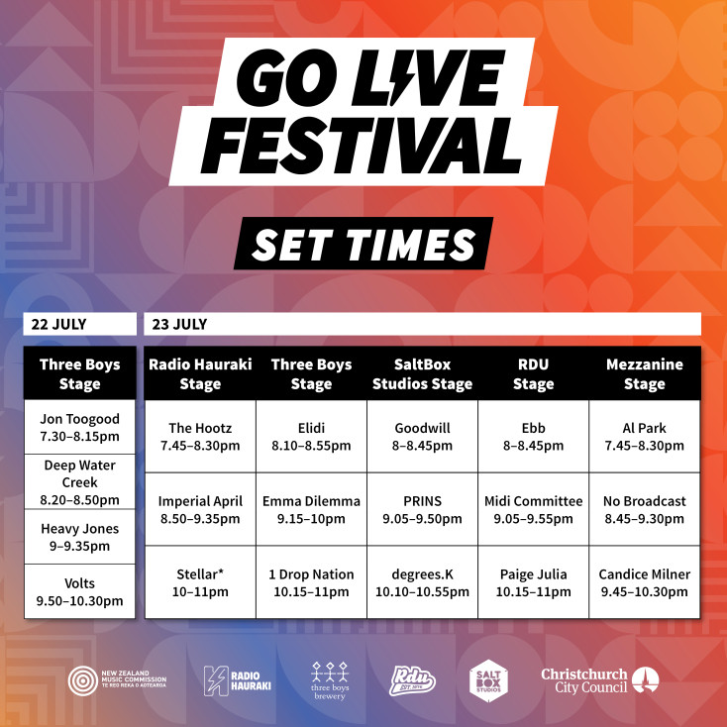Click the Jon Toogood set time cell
coord(80,427)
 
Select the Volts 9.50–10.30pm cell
coord(80,591)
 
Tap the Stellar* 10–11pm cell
coord(200,582)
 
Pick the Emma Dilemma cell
coord(311,509)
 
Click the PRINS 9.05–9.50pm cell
coord(422,509)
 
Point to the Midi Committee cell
coord(533,509)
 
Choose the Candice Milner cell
coord(645,582)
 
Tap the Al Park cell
coord(645,436)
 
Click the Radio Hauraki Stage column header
coord(200,373)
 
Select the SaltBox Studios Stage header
coord(422,373)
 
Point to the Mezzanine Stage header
coord(645,373)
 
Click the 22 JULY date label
coord(58,324)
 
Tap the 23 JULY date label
coord(179,324)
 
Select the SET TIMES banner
coord(363,244)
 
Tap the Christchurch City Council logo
coord(599,680)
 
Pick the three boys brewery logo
coord(330,680)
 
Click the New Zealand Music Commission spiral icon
coord(83,680)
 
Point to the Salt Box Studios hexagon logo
coord(488,680)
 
